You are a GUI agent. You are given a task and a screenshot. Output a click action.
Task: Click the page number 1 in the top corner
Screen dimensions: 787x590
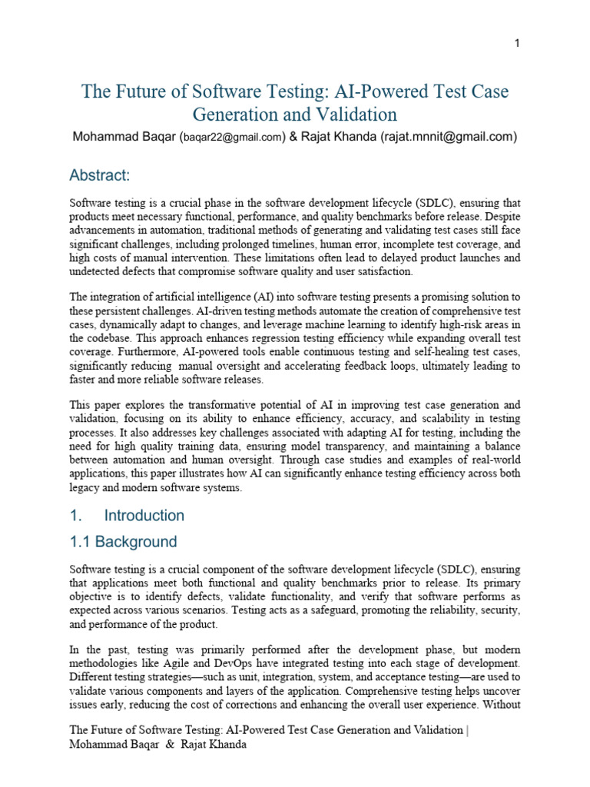[x=517, y=43]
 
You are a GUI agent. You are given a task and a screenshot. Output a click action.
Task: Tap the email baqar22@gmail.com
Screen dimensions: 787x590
[x=231, y=138]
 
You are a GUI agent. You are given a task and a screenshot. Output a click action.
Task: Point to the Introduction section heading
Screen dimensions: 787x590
[x=144, y=515]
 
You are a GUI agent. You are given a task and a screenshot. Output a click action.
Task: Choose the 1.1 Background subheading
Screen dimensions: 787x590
[x=123, y=542]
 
